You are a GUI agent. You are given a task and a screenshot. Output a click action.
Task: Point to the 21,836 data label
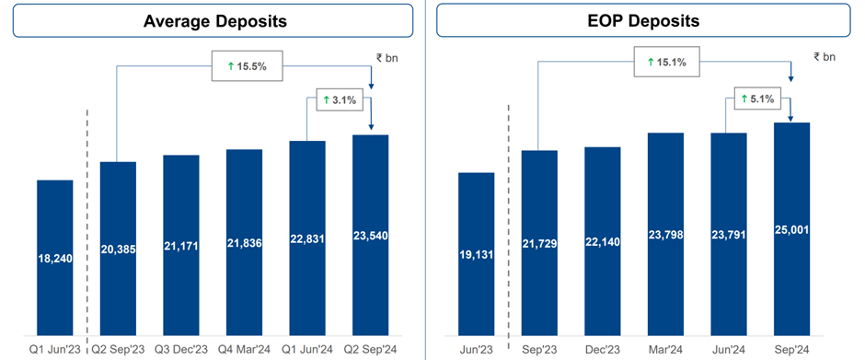[x=244, y=246]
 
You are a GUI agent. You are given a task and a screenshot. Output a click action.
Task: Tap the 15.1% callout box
[x=665, y=62]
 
